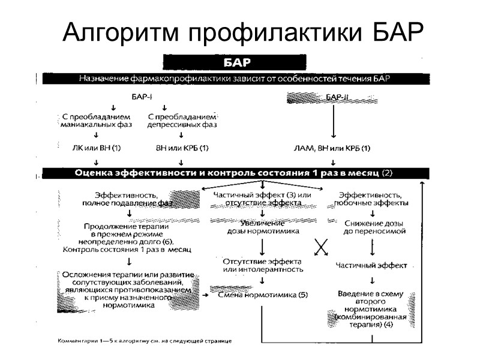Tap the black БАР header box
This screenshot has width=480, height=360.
pyautogui.click(x=235, y=62)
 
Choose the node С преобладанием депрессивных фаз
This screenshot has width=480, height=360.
pyautogui.click(x=182, y=120)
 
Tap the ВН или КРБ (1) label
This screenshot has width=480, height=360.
pyautogui.click(x=182, y=147)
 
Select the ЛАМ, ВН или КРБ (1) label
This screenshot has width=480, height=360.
pyautogui.click(x=332, y=147)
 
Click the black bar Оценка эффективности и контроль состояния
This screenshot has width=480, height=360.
pyautogui.click(x=235, y=173)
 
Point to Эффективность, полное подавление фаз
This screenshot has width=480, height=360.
pyautogui.click(x=127, y=199)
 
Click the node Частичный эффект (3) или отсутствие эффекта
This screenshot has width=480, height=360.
pyautogui.click(x=263, y=199)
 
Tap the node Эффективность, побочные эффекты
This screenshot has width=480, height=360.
pyautogui.click(x=373, y=199)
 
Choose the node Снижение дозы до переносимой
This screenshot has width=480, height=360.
pyautogui.click(x=373, y=227)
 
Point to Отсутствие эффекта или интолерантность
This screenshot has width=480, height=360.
pyautogui.click(x=263, y=265)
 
